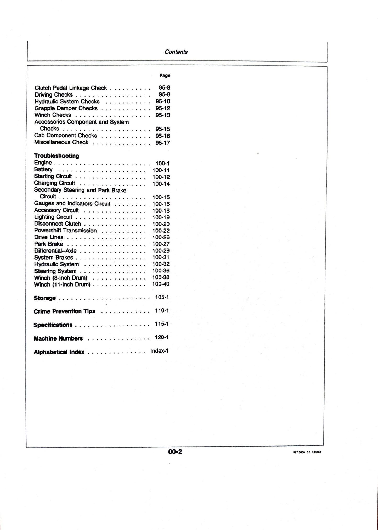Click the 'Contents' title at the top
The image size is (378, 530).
pyautogui.click(x=176, y=52)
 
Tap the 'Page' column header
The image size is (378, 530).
pyautogui.click(x=165, y=75)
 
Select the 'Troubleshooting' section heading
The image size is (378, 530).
pyautogui.click(x=57, y=156)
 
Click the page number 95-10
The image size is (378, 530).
pyautogui.click(x=163, y=102)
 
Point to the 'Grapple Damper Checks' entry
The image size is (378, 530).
pyautogui.click(x=66, y=108)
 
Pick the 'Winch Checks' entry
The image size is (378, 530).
pyautogui.click(x=53, y=115)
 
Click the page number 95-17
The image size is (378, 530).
pyautogui.click(x=162, y=143)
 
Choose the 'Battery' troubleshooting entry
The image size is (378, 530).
pyautogui.click(x=43, y=169)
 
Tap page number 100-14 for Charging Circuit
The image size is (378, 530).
pyautogui.click(x=161, y=184)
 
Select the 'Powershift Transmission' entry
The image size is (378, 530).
pyautogui.click(x=65, y=231)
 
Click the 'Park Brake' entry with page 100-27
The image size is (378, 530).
pyautogui.click(x=48, y=244)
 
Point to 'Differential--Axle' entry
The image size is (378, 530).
pyautogui.click(x=55, y=251)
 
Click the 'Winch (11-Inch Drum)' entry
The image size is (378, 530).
pyautogui.click(x=62, y=284)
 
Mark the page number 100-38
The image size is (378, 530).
pyautogui.click(x=161, y=277)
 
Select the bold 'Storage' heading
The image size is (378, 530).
pyautogui.click(x=45, y=298)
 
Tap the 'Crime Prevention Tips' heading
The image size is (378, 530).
pyautogui.click(x=64, y=311)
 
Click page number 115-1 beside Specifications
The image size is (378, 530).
pyautogui.click(x=162, y=324)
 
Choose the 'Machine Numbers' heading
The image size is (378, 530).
pyautogui.click(x=58, y=338)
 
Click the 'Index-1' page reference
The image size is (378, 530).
pyautogui.click(x=159, y=351)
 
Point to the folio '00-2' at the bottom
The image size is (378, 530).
pyautogui.click(x=175, y=451)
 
